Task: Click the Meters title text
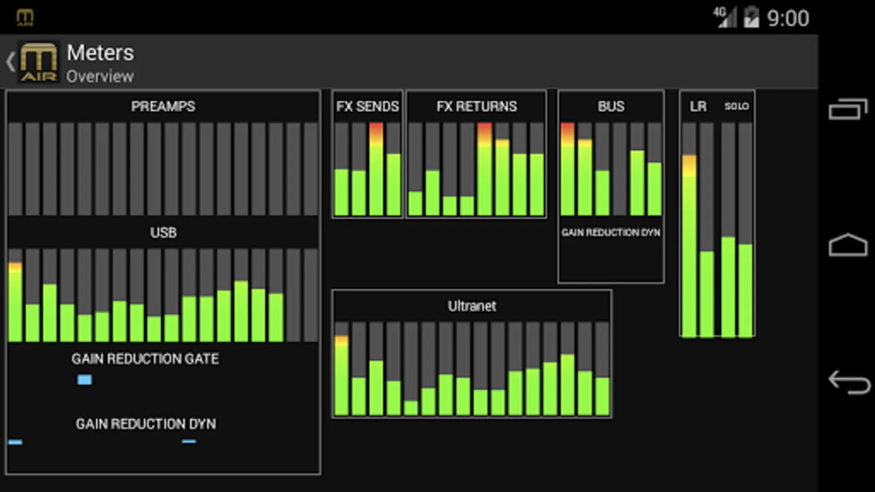(x=100, y=53)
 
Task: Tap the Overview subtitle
(x=100, y=77)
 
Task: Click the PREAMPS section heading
(x=163, y=106)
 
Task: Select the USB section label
(x=163, y=232)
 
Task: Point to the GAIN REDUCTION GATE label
(x=145, y=359)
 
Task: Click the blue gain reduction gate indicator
(x=84, y=379)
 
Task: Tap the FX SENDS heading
(x=367, y=106)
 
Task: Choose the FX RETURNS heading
(x=476, y=106)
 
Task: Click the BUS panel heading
(x=611, y=106)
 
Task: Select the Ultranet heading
(x=472, y=306)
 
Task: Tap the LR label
(x=698, y=106)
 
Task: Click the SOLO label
(x=736, y=106)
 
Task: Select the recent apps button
(x=848, y=109)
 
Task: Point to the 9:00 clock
(x=787, y=19)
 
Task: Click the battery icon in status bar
(x=751, y=17)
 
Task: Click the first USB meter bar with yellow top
(x=15, y=301)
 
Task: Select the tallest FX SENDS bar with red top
(x=376, y=169)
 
